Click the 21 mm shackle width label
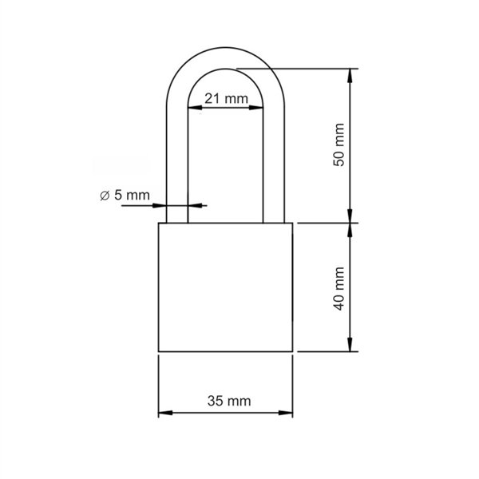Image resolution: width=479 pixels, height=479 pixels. coord(225,98)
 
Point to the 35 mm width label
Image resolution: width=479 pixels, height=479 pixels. coord(225,402)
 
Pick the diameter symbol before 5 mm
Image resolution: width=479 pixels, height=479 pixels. coord(105,195)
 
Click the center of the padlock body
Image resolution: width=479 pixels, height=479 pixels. coord(225,287)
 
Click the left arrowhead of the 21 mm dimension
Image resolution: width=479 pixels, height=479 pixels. coord(192,109)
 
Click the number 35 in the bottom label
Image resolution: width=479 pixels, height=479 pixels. coord(216,402)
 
